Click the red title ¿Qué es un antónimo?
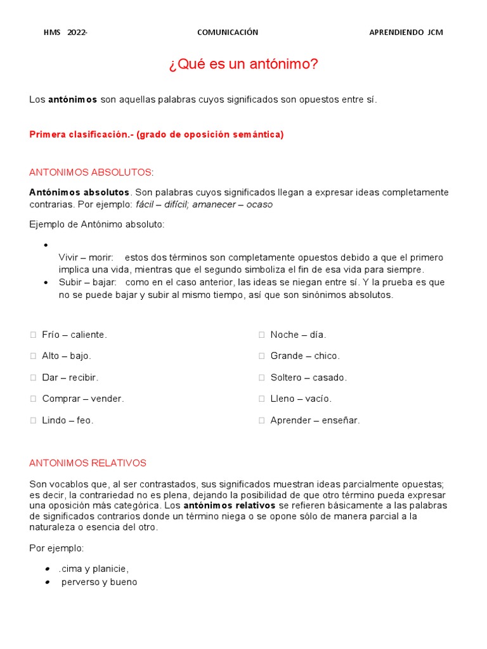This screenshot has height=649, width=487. coord(243,65)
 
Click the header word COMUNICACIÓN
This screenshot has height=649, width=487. coord(228,33)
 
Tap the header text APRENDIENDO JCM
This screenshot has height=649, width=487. coord(406,33)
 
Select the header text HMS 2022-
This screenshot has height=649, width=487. coord(65,33)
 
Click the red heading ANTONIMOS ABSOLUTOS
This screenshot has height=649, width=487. coord(91,172)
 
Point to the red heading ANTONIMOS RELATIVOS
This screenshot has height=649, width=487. coord(88,463)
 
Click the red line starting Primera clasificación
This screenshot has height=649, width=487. coord(157,134)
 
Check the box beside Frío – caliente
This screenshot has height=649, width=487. coord(33,335)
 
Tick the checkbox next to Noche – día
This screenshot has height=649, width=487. coord(261,335)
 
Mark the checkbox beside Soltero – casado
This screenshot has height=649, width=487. coord(261,378)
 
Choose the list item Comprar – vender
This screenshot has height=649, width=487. coord(83,399)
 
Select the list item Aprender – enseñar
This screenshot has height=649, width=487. coord(315,420)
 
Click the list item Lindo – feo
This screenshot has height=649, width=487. coord(67,420)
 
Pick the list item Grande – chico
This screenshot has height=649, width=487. coord(305,356)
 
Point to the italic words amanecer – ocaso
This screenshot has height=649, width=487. coord(233,205)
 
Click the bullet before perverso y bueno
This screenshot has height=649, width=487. coord(48,582)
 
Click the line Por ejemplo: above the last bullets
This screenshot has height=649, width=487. coord(56,548)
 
